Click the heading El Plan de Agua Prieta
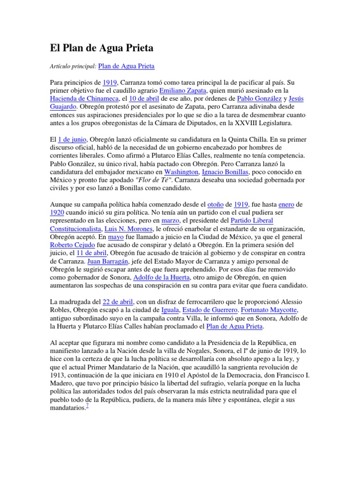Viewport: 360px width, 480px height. click(102, 48)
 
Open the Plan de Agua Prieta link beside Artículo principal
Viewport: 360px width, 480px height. click(126, 66)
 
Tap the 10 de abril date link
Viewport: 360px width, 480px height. click(144, 99)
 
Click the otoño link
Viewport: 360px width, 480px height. click(215, 204)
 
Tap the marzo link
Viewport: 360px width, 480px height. click(170, 220)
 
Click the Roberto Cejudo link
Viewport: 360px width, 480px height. click(72, 245)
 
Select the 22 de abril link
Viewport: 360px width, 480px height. click(118, 302)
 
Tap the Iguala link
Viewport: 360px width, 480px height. click(170, 310)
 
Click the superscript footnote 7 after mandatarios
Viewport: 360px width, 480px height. click(87, 406)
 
